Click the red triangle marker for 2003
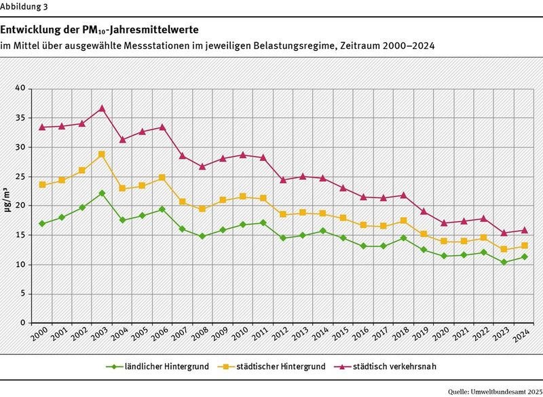point(102,109)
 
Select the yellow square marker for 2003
point(102,154)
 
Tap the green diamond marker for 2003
point(102,193)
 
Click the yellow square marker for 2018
point(404,221)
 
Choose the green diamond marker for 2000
point(43,223)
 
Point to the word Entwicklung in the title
point(32,31)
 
